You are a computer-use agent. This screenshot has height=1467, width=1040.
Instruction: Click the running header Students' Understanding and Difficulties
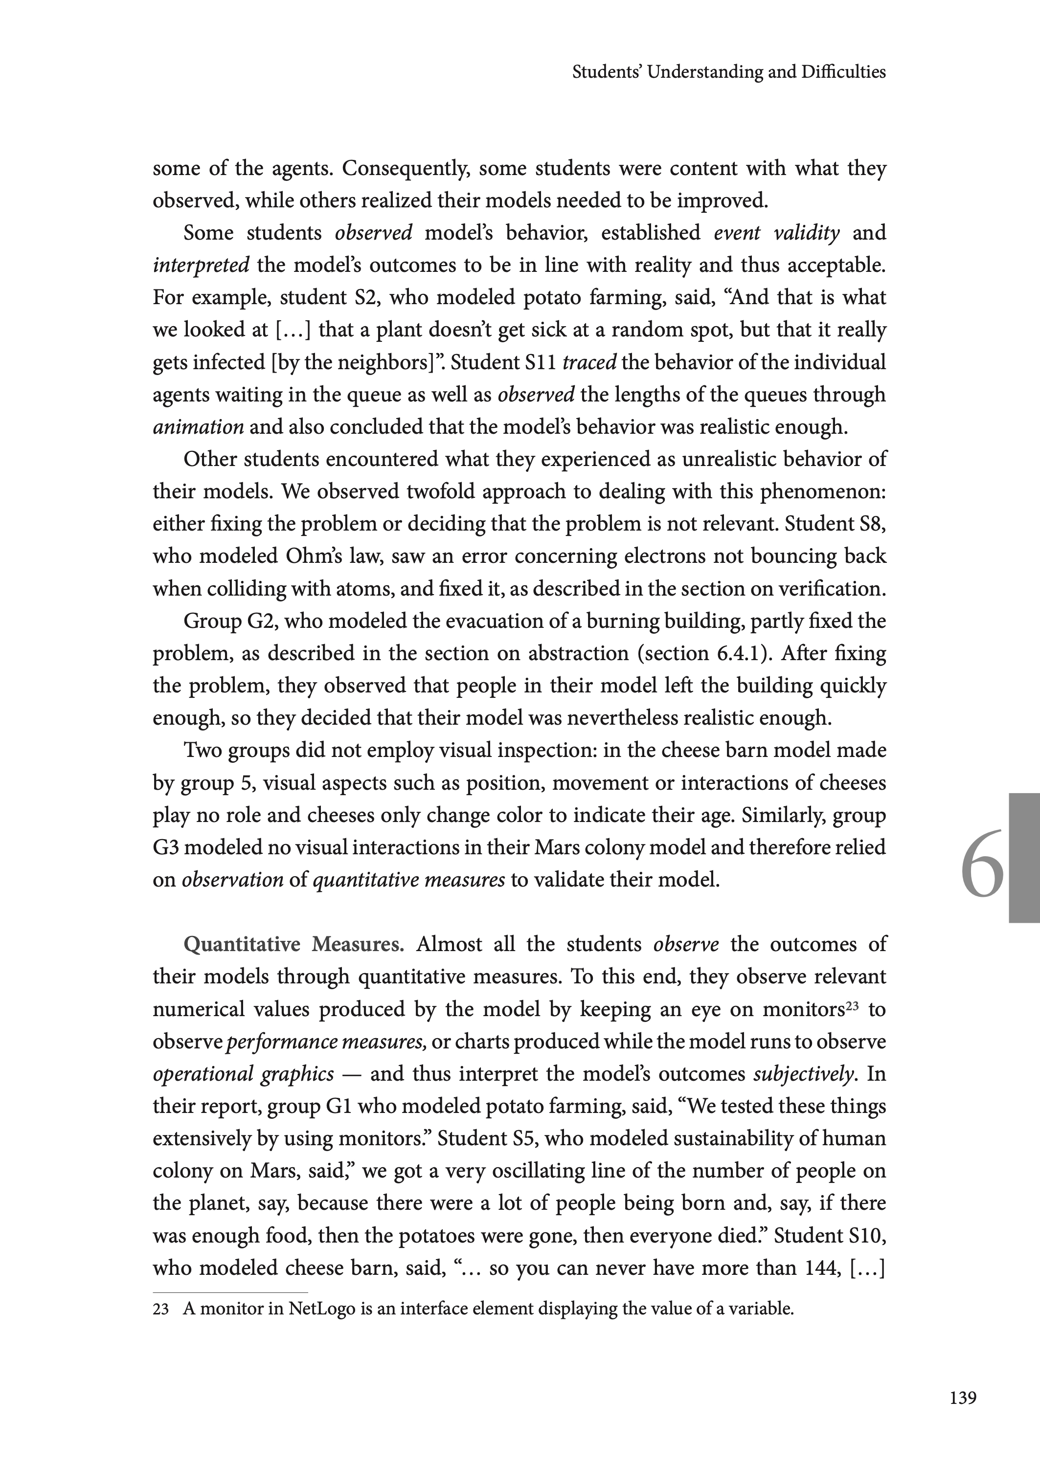(729, 72)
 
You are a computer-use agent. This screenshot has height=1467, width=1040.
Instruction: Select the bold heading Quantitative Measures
(294, 944)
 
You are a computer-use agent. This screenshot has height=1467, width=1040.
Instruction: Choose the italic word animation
(198, 427)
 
